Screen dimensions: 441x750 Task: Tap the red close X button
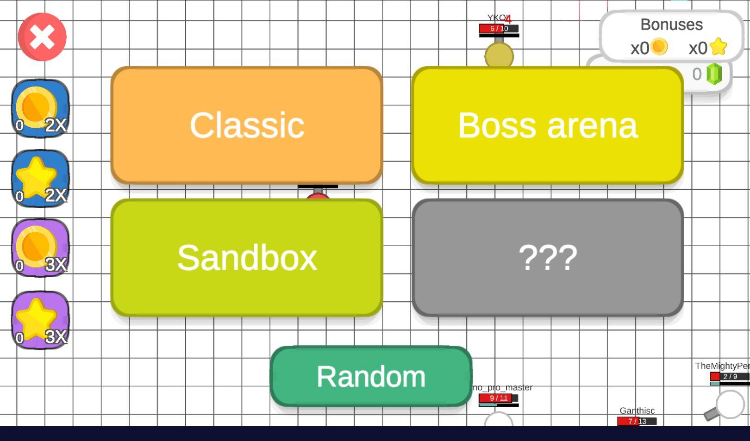pyautogui.click(x=42, y=37)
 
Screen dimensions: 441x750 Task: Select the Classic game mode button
pyautogui.click(x=247, y=125)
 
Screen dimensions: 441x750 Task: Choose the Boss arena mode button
pyautogui.click(x=547, y=125)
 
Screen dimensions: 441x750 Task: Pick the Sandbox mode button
pyautogui.click(x=247, y=258)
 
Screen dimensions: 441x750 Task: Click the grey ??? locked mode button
pyautogui.click(x=547, y=258)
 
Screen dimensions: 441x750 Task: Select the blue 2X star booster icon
pyautogui.click(x=40, y=179)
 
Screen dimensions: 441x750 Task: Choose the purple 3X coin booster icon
pyautogui.click(x=40, y=248)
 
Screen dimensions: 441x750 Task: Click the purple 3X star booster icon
pyautogui.click(x=40, y=320)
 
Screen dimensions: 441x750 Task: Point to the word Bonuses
pyautogui.click(x=671, y=25)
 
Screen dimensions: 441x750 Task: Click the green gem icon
pyautogui.click(x=714, y=74)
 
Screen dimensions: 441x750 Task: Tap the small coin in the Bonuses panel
pyautogui.click(x=659, y=47)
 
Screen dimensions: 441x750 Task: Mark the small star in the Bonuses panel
pyautogui.click(x=718, y=47)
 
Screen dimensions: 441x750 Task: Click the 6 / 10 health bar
pyautogui.click(x=499, y=29)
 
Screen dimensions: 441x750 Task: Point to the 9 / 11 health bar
pyautogui.click(x=498, y=398)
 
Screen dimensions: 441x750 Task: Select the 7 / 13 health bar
pyautogui.click(x=637, y=421)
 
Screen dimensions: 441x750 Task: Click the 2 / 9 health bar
pyautogui.click(x=730, y=376)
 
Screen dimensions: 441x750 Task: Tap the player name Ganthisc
pyautogui.click(x=637, y=411)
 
